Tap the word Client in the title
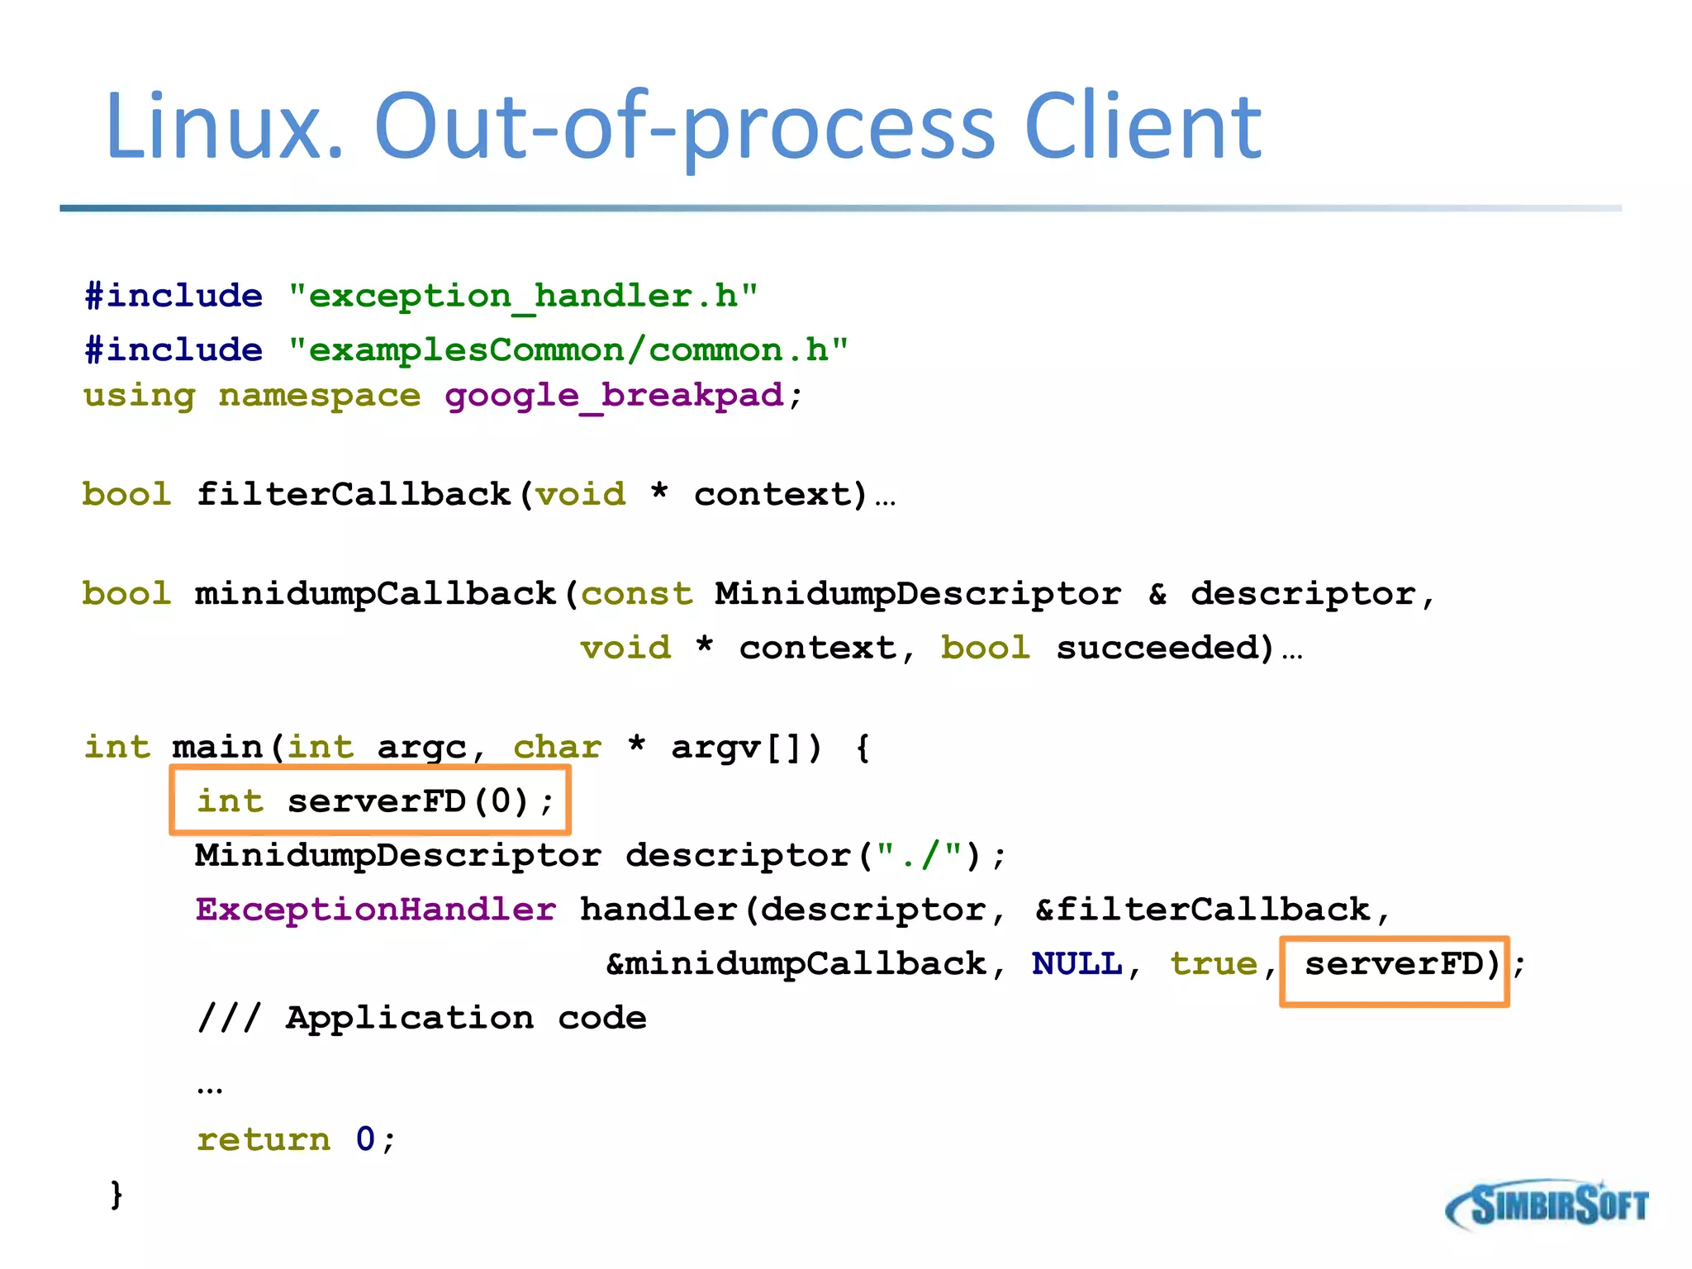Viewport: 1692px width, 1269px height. click(x=1142, y=128)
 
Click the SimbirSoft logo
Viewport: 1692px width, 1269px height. click(x=1547, y=1205)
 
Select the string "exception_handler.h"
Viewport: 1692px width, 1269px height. click(x=523, y=296)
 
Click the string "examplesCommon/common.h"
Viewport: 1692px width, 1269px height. click(x=568, y=350)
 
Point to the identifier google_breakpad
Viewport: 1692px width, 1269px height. click(x=614, y=396)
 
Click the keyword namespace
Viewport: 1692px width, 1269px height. click(x=320, y=396)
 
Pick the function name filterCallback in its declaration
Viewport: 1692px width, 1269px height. click(x=354, y=495)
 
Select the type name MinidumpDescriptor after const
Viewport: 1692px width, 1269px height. click(x=918, y=594)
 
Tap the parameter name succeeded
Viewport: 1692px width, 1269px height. click(x=1165, y=648)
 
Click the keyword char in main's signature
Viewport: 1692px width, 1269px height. click(x=557, y=748)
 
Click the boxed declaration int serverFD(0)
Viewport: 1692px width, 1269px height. click(x=370, y=801)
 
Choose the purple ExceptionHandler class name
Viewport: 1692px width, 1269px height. click(x=376, y=910)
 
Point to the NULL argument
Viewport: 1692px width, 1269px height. click(x=1077, y=964)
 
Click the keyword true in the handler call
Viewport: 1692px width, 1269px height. click(x=1214, y=964)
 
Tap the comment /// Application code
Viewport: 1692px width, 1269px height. click(x=422, y=1018)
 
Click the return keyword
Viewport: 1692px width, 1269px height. click(x=264, y=1140)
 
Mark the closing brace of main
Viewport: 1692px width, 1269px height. click(x=116, y=1195)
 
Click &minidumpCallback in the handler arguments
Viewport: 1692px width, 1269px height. click(x=796, y=964)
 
